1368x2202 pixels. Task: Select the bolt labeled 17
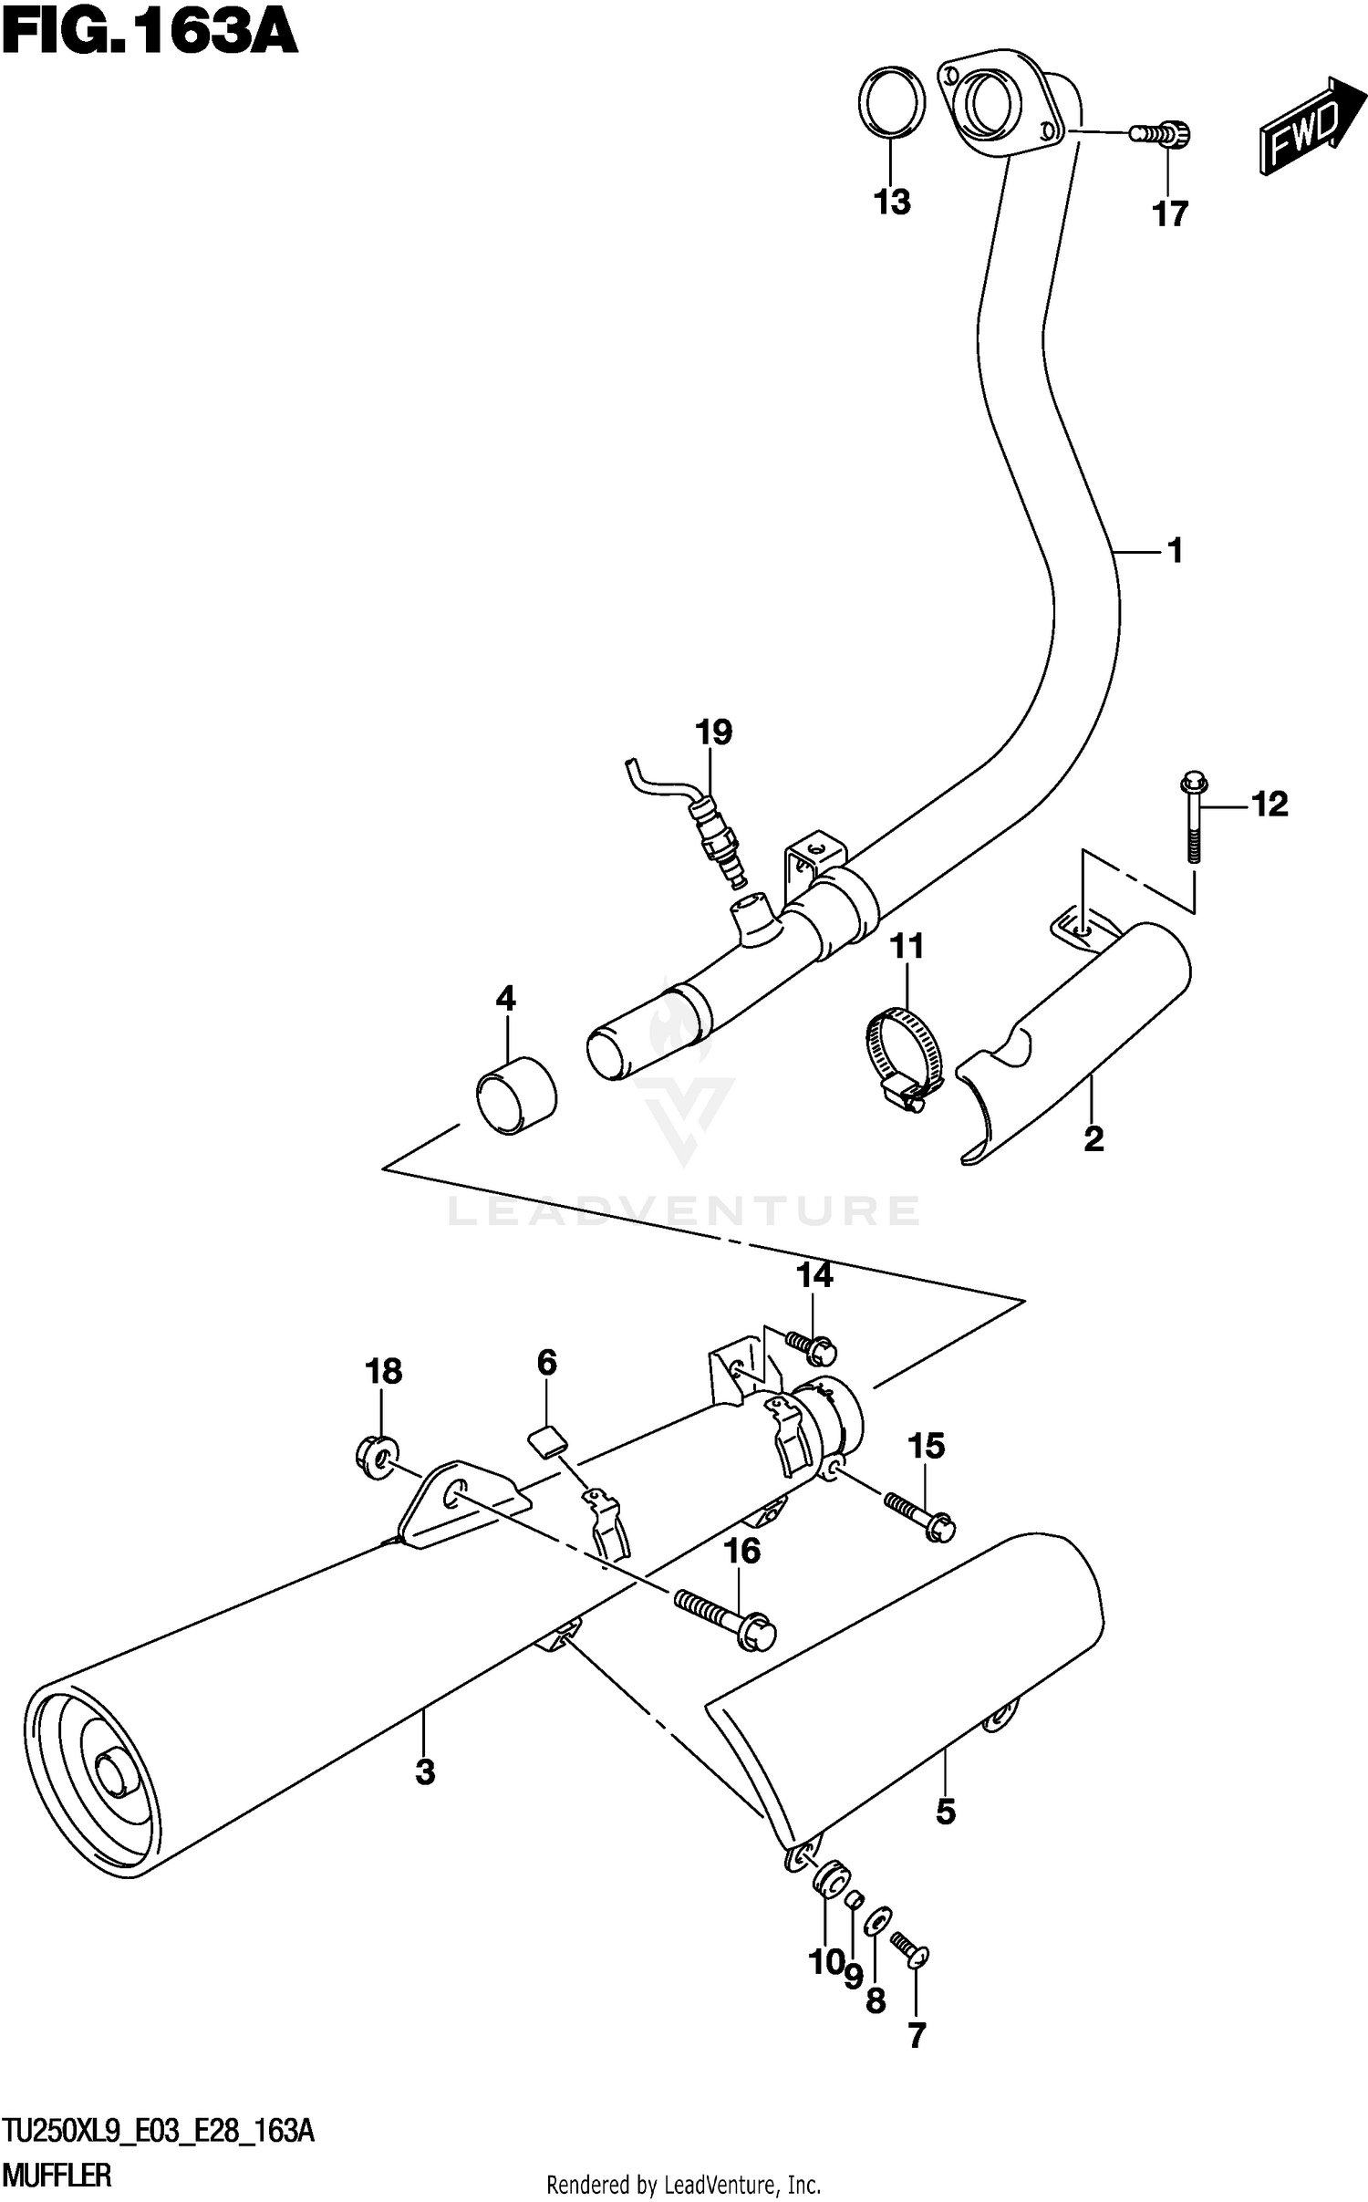(1161, 135)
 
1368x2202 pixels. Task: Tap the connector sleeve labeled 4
(515, 1094)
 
